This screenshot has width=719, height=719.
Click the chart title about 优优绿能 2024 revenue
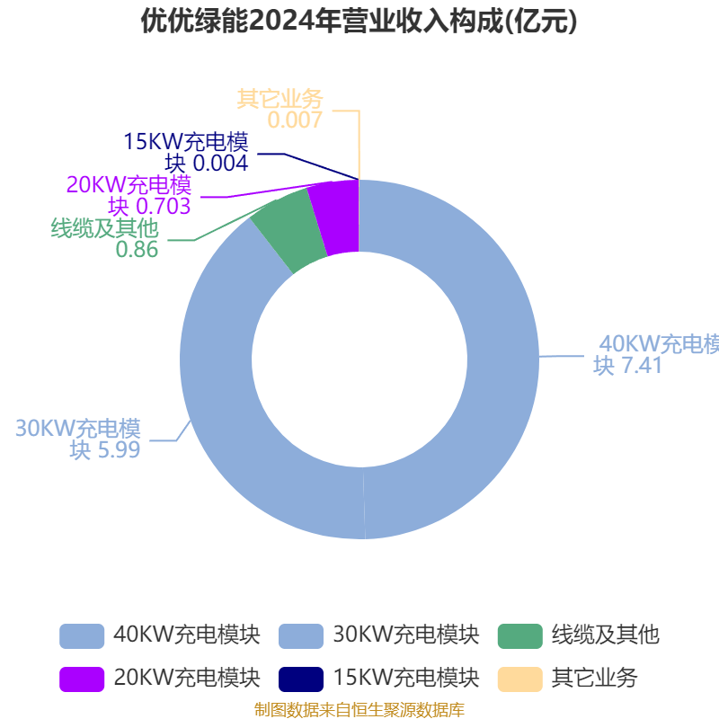tap(359, 21)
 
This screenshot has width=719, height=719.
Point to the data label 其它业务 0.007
tap(280, 109)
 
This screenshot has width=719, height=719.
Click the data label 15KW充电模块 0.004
tap(186, 152)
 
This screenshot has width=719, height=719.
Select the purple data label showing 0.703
tap(129, 195)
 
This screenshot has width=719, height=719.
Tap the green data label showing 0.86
tap(104, 238)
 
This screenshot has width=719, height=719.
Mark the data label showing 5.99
tap(78, 439)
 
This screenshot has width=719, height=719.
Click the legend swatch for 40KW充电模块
tap(82, 636)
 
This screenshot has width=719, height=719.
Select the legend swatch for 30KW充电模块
tap(301, 636)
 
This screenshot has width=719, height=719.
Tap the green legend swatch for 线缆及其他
tap(520, 636)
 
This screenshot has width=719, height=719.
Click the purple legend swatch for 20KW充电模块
tap(82, 679)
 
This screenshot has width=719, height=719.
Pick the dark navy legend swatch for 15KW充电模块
tap(301, 679)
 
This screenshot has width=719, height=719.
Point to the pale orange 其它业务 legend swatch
tap(520, 679)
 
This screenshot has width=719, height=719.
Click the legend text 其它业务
tap(594, 679)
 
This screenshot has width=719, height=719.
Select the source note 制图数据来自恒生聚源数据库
tap(359, 710)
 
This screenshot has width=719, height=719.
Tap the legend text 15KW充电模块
tap(406, 679)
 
